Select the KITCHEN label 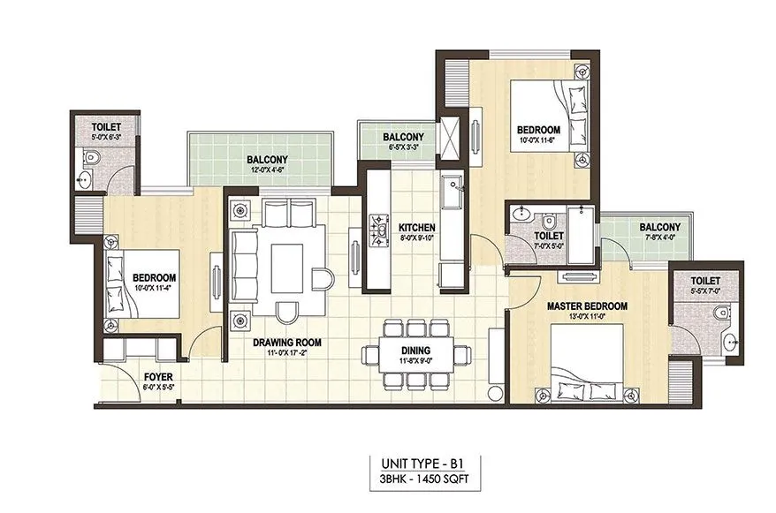point(416,228)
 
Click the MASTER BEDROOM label point(586,306)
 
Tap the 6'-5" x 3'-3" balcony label point(402,138)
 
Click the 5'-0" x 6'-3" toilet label point(107,127)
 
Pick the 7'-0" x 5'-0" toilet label point(549,237)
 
